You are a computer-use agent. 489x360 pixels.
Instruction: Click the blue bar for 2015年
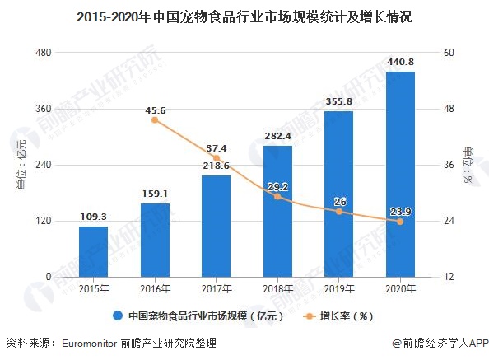(x=93, y=251)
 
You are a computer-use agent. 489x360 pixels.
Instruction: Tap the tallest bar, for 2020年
(x=400, y=174)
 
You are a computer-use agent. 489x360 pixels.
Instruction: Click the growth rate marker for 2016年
(x=155, y=120)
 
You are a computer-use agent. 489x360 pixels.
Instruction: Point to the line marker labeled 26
(x=338, y=212)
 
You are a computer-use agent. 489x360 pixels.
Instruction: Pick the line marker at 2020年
(x=400, y=222)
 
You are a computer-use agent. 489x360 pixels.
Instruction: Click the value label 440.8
(x=400, y=61)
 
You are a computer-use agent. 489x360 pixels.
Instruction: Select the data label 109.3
(x=93, y=217)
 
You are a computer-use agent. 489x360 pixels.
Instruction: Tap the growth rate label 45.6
(x=155, y=110)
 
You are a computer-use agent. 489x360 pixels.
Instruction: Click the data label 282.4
(x=277, y=136)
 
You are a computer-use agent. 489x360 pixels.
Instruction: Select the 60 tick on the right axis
(x=449, y=53)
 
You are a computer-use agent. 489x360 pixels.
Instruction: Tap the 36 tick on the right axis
(x=449, y=165)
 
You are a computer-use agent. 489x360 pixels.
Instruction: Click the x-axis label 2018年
(x=277, y=289)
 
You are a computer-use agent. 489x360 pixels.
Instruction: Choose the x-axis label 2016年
(x=155, y=289)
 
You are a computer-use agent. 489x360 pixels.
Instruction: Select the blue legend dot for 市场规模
(x=118, y=316)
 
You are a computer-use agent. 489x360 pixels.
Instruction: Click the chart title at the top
(x=244, y=16)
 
